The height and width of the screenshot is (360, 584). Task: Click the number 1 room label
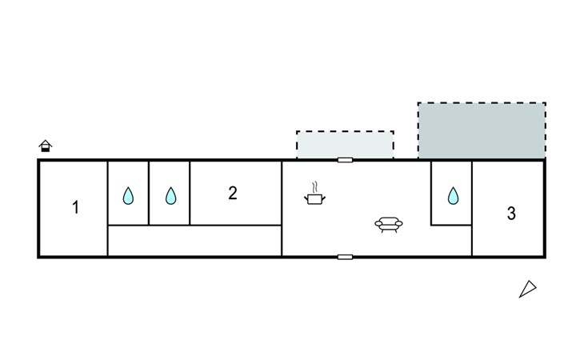click(x=76, y=208)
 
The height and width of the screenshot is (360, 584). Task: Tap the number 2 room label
click(x=233, y=193)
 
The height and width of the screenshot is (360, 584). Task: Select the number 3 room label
click(x=511, y=214)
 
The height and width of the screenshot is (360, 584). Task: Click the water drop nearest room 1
click(x=128, y=195)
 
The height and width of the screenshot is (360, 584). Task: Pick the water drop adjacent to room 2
click(x=170, y=195)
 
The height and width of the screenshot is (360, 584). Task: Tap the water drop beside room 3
click(x=453, y=195)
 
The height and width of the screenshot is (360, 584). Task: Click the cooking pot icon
click(x=315, y=197)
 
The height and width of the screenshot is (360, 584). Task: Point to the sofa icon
click(x=389, y=225)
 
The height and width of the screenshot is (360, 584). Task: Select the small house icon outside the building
click(x=46, y=146)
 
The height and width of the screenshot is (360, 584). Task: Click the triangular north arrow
click(x=527, y=289)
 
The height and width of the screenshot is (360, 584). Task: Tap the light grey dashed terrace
click(x=345, y=145)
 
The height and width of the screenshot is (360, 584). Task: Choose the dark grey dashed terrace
click(x=482, y=130)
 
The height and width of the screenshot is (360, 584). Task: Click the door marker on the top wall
click(x=345, y=160)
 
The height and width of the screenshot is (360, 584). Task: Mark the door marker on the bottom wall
click(x=345, y=257)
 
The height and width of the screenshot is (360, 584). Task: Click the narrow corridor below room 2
click(x=194, y=241)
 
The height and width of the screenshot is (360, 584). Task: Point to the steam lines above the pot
click(x=315, y=185)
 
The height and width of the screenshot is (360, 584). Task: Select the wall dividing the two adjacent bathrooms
click(x=149, y=193)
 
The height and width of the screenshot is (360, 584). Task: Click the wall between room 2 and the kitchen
click(x=282, y=208)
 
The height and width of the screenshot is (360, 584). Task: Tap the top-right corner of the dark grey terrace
click(x=545, y=103)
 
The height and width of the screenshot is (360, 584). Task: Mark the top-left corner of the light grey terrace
click(x=298, y=132)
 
